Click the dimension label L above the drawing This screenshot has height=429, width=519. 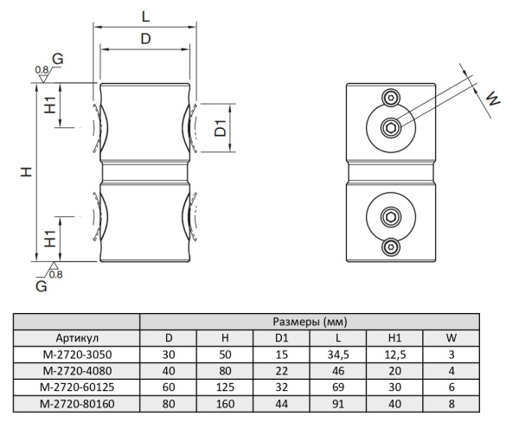pos(144,15)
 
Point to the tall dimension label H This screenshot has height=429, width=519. pos(28,172)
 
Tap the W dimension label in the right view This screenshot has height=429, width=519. pos(493,99)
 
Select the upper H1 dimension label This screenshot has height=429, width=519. pos(52,106)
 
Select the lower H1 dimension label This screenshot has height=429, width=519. pos(51,234)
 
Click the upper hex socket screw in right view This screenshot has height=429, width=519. pos(392,128)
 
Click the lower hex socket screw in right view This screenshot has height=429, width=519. pos(392,218)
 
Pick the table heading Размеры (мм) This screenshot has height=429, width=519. pos(309,322)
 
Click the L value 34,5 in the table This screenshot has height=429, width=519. pos(336,354)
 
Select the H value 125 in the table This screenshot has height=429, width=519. pos(225,387)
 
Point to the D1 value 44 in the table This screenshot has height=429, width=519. pos(280,403)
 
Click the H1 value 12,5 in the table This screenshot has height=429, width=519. pos(394,354)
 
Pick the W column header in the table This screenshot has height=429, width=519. pos(450,337)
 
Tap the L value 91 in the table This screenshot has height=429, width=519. pos(336,403)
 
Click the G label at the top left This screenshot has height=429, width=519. pos(57,58)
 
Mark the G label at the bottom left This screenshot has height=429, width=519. pos(41,284)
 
